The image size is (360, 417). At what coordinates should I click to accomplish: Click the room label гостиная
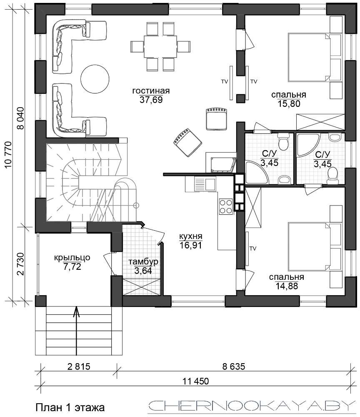tap(151, 90)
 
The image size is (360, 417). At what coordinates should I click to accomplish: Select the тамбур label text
tap(143, 261)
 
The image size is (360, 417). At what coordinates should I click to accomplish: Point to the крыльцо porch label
tap(72, 257)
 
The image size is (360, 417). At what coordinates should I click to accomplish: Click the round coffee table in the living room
tap(95, 79)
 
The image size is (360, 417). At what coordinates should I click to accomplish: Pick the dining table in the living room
tap(160, 46)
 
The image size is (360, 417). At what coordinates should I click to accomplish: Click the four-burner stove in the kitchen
tap(225, 207)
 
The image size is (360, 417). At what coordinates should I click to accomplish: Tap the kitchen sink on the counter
tap(205, 184)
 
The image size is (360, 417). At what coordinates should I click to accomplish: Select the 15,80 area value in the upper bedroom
tap(289, 103)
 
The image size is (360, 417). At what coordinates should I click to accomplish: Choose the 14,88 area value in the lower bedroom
tap(287, 286)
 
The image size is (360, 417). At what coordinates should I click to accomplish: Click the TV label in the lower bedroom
tap(252, 249)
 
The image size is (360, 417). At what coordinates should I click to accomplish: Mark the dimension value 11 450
tap(196, 381)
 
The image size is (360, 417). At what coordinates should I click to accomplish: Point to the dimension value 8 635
tap(234, 367)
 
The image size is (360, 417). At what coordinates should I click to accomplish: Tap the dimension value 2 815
tap(79, 367)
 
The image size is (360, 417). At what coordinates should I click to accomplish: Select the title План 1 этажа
tap(70, 407)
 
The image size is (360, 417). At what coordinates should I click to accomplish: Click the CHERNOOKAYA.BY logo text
tap(252, 406)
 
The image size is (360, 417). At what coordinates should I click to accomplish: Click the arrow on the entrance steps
tap(77, 331)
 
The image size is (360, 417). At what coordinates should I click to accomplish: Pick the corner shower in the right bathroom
tap(308, 145)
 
